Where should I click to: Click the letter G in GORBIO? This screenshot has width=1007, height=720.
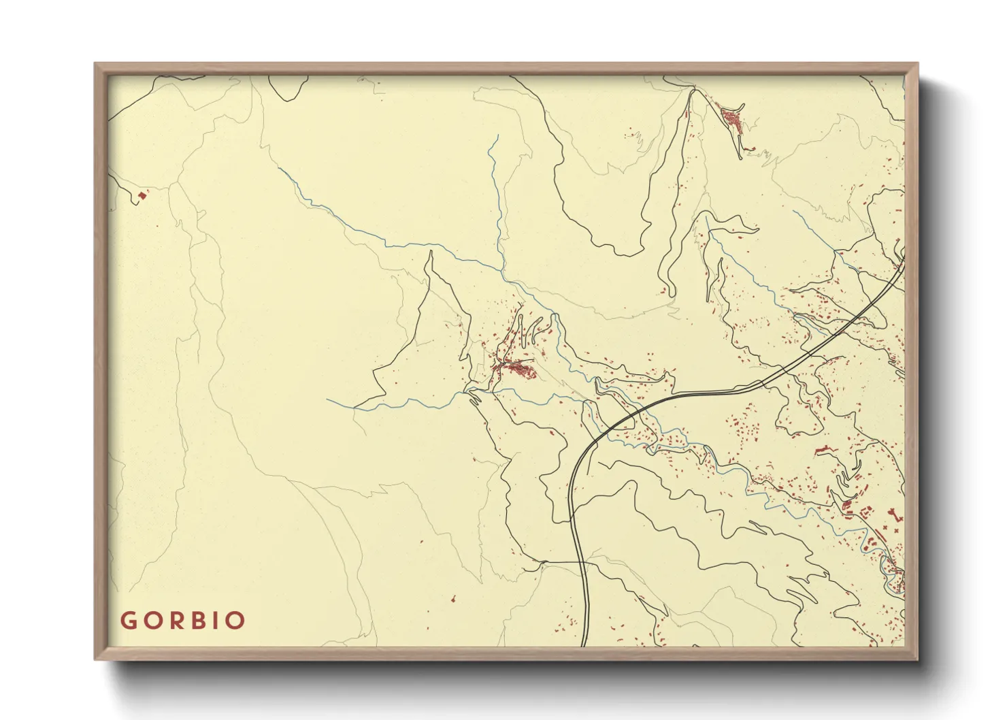point(129,621)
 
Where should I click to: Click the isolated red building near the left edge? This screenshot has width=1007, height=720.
point(142,196)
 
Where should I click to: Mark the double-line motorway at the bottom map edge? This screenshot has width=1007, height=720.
point(584,640)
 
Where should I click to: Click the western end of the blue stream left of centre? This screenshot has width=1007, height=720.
point(328,400)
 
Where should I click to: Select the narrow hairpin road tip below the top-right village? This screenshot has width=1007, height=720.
point(740,158)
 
